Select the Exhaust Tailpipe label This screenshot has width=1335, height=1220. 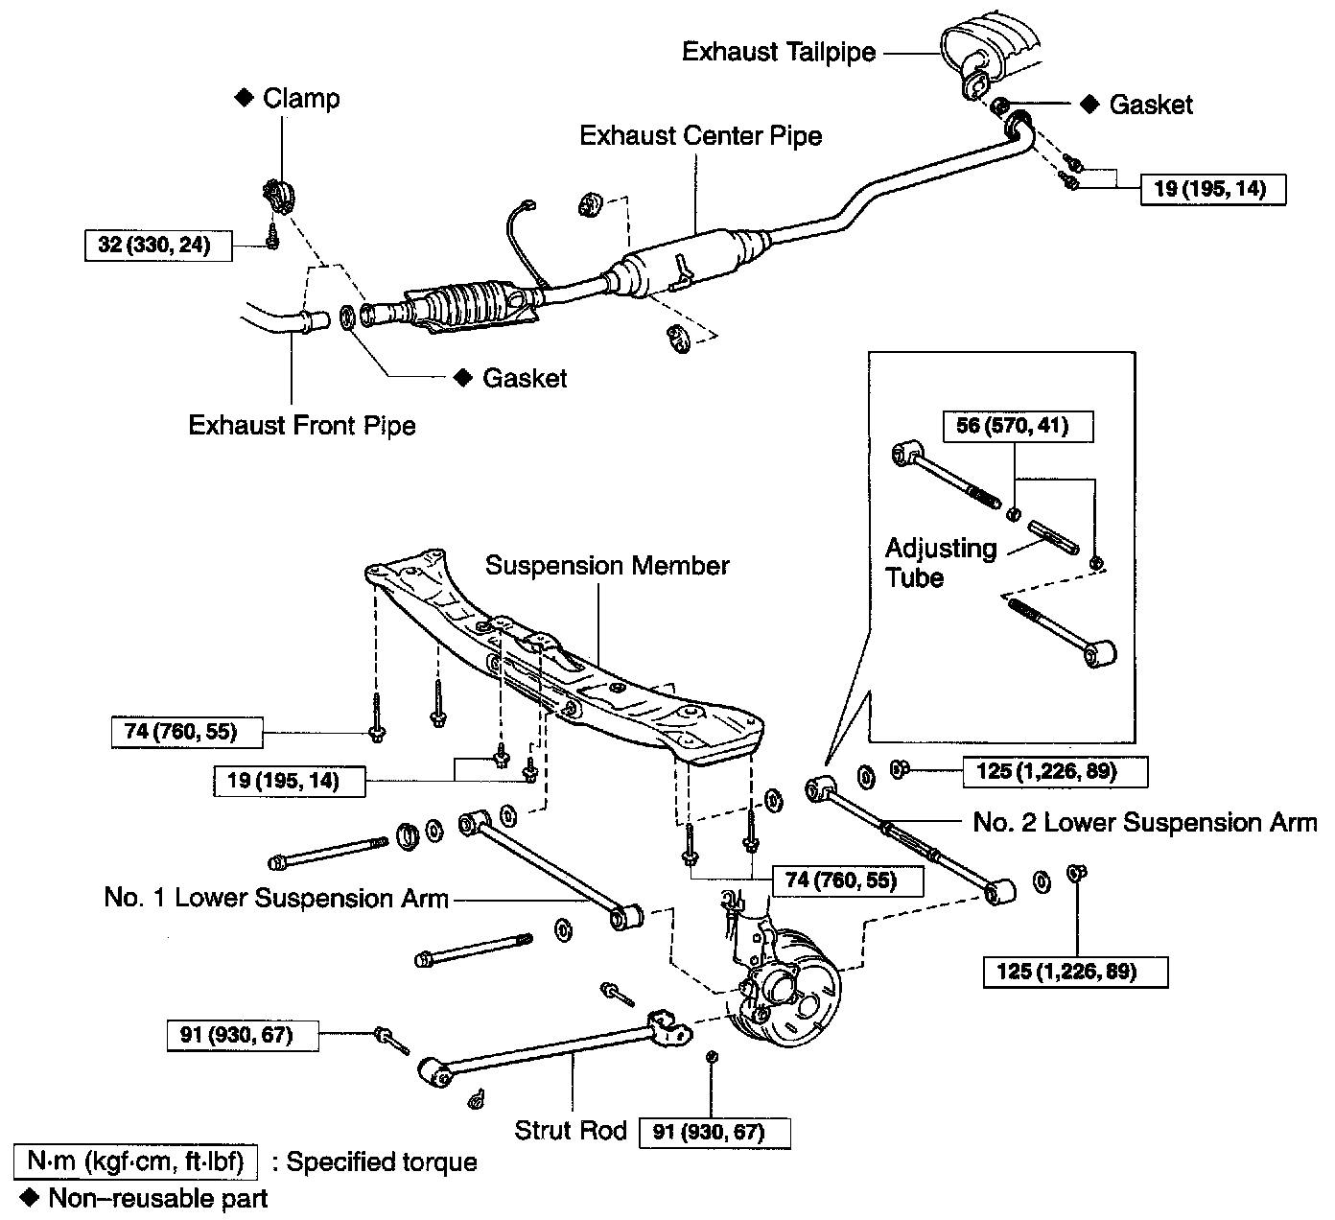(779, 52)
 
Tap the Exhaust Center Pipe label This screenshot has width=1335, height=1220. (700, 136)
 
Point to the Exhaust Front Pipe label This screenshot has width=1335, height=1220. (302, 425)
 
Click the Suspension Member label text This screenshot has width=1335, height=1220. (607, 566)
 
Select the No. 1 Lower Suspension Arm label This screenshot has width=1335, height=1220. (276, 899)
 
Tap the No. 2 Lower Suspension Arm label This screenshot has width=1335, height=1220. (1145, 823)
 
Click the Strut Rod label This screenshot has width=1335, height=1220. (570, 1130)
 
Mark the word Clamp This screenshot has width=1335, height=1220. (301, 99)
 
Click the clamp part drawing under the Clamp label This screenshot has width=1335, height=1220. (277, 195)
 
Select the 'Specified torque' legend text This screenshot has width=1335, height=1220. (382, 1162)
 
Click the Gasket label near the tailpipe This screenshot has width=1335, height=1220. (1150, 105)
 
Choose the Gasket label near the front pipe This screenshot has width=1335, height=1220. (525, 378)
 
